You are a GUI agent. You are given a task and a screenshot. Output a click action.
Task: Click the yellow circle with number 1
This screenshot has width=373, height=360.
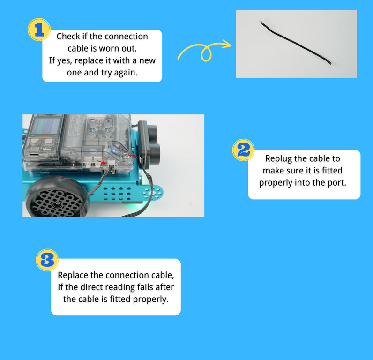pyautogui.click(x=39, y=30)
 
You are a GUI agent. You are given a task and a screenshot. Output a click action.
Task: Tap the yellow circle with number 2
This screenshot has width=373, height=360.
pyautogui.click(x=244, y=150)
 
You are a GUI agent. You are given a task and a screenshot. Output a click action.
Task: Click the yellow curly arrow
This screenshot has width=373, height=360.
pyautogui.click(x=204, y=50)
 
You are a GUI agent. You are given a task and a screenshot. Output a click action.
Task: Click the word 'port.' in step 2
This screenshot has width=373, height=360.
pyautogui.click(x=336, y=182)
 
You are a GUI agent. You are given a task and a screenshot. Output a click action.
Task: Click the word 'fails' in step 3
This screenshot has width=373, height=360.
pyautogui.click(x=147, y=287)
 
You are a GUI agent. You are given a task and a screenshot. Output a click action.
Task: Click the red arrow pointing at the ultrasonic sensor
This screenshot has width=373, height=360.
pyautogui.click(x=133, y=155)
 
